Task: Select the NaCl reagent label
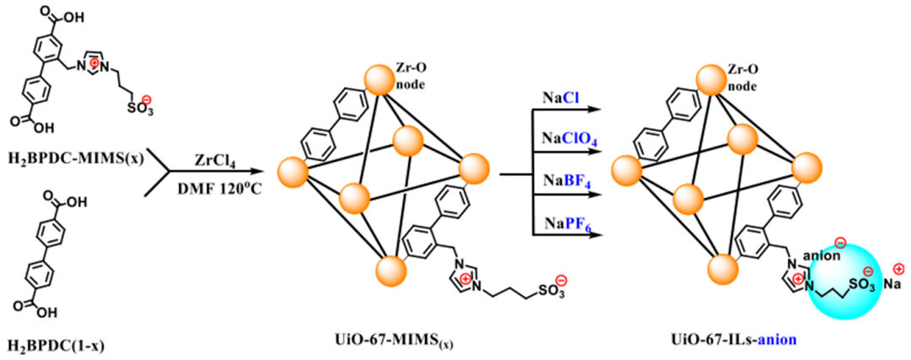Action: [558, 99]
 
